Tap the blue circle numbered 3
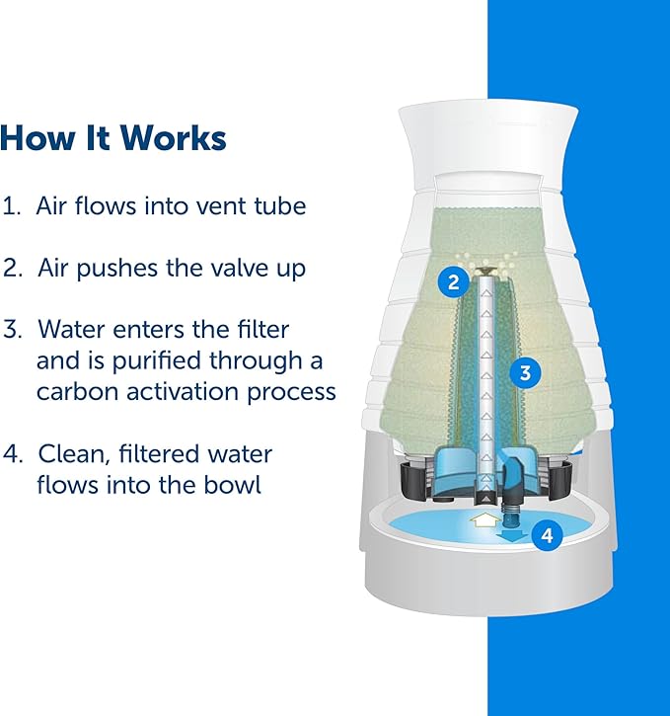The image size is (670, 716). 525,372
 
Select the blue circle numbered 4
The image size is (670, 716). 547,536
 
